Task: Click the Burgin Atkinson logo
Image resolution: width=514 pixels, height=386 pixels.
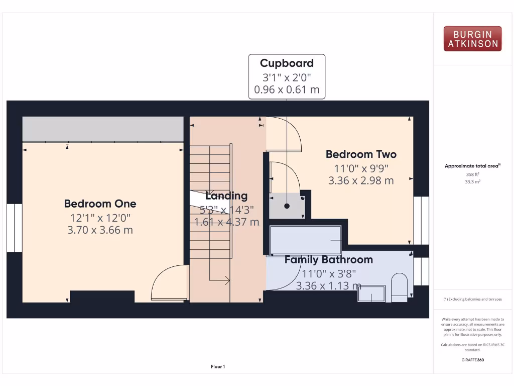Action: (472, 39)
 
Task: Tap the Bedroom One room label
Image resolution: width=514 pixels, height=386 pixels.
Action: (100, 204)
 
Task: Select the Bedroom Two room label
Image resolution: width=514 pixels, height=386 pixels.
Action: (361, 154)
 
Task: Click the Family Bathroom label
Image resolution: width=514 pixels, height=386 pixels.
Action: (328, 260)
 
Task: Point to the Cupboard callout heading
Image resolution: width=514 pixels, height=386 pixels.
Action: (287, 63)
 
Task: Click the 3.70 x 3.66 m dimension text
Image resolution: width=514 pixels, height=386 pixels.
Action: (100, 230)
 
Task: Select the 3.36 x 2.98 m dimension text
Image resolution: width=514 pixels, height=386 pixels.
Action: (361, 180)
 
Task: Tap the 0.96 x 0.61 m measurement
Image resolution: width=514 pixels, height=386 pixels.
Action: (287, 90)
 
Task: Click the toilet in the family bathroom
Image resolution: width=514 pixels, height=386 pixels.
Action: (400, 288)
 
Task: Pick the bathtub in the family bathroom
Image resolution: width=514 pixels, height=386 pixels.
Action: (305, 240)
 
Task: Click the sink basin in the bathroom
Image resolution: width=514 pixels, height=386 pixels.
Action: (371, 294)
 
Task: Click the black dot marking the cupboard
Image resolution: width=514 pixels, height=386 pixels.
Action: (287, 206)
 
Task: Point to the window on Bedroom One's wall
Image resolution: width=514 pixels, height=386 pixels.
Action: (14, 228)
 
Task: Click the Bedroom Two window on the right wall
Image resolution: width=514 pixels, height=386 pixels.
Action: (421, 220)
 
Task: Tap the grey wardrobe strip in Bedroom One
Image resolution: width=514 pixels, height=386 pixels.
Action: (103, 129)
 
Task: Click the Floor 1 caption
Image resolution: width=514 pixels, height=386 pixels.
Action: (218, 367)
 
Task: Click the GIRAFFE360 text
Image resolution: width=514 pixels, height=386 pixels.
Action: (472, 360)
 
